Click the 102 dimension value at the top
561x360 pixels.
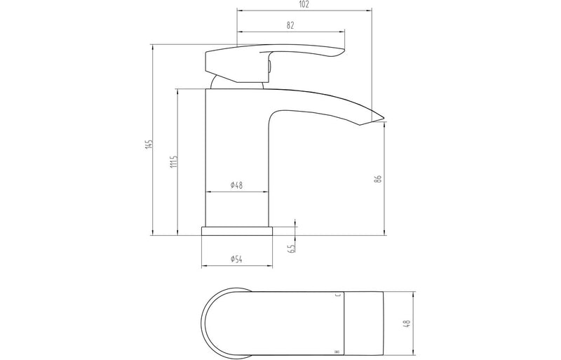[304, 4]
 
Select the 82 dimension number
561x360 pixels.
[290, 25]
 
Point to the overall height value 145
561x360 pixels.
[147, 145]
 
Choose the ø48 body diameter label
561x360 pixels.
[236, 185]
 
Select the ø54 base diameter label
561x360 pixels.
[236, 260]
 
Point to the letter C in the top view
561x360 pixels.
[338, 295]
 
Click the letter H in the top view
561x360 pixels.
[338, 351]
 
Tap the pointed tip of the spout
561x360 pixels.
[384, 119]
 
